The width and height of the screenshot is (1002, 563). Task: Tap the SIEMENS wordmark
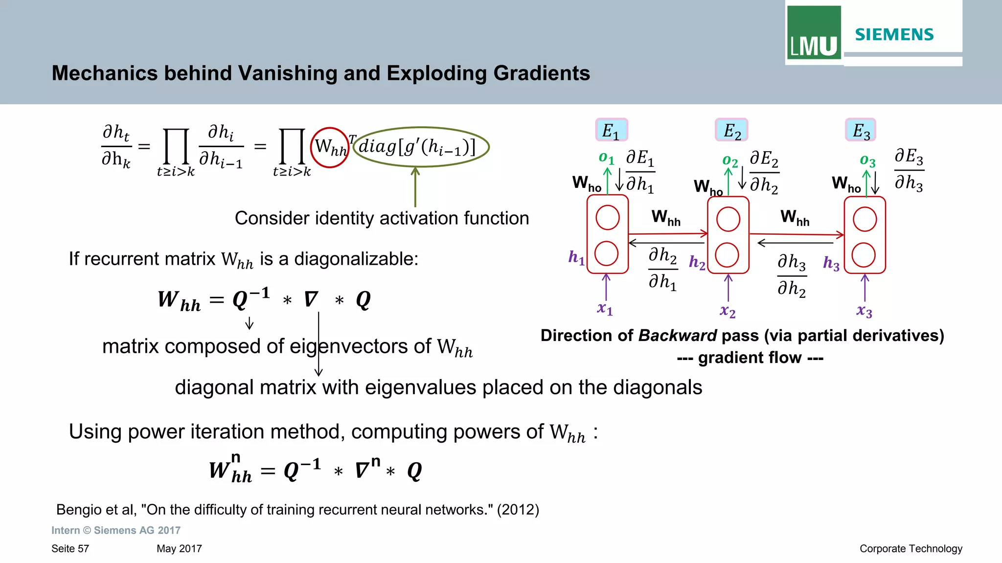pyautogui.click(x=894, y=35)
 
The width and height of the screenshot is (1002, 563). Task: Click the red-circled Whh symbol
pyautogui.click(x=330, y=147)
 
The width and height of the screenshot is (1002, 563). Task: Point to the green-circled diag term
pyautogui.click(x=421, y=147)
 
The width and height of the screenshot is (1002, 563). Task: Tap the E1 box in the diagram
pyautogui.click(x=611, y=131)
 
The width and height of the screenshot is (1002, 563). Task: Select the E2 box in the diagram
pyautogui.click(x=732, y=131)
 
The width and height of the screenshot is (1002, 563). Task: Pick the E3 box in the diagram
pyautogui.click(x=861, y=131)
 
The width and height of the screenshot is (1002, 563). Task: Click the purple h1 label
pyautogui.click(x=576, y=257)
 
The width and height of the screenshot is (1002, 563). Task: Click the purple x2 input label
pyautogui.click(x=728, y=311)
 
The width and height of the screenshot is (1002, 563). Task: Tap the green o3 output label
pyautogui.click(x=867, y=160)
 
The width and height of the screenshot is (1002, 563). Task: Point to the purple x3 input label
pyautogui.click(x=864, y=311)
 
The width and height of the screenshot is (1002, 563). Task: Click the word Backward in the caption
pyautogui.click(x=678, y=336)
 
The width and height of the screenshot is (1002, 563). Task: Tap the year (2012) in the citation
pyautogui.click(x=518, y=510)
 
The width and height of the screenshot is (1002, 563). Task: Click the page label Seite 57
pyautogui.click(x=70, y=549)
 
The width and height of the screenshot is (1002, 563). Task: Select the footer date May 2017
pyautogui.click(x=179, y=549)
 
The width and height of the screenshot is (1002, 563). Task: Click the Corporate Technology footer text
pyautogui.click(x=911, y=549)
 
